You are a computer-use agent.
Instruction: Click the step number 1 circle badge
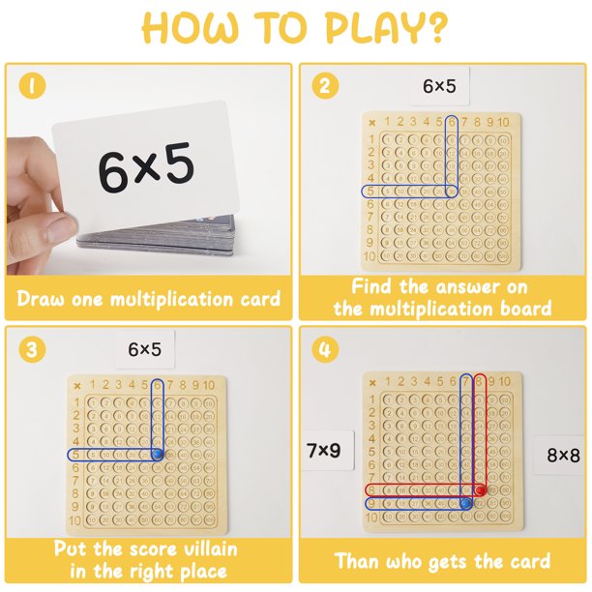coord(34,86)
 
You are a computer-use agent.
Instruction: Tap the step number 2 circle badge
coord(327,86)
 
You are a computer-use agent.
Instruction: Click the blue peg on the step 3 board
coord(158,453)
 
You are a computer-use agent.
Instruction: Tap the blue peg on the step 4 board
coord(465,503)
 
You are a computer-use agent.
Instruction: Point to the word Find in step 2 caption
coord(372,286)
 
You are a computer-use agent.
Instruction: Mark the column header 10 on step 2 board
coord(503,122)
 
